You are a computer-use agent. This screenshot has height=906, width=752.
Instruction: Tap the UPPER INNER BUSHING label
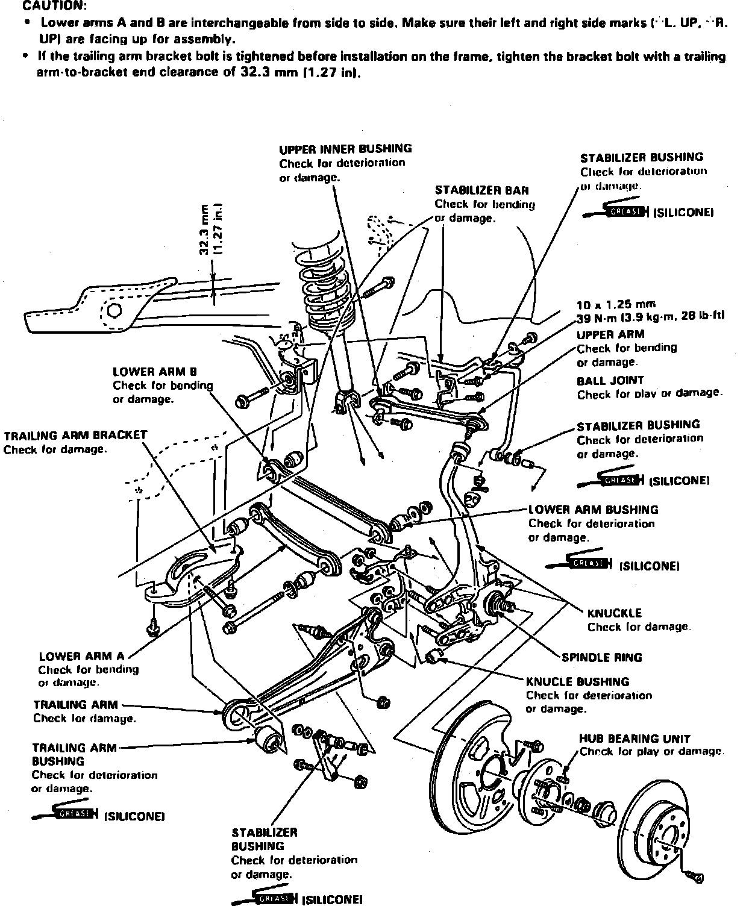(345, 148)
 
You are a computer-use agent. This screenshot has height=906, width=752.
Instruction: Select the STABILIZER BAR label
(481, 190)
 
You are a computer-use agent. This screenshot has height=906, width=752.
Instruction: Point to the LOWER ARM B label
(155, 372)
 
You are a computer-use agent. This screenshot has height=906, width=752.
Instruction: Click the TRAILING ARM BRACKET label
(75, 435)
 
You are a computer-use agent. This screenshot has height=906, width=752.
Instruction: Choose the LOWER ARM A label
(81, 656)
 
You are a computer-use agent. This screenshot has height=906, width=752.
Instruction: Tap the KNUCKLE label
(614, 613)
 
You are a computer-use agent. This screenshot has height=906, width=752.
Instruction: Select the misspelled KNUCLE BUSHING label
(577, 682)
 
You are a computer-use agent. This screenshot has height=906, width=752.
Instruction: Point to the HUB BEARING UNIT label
(634, 738)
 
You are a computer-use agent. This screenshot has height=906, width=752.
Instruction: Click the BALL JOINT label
(610, 380)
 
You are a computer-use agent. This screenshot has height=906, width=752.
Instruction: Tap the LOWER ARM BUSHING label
(593, 510)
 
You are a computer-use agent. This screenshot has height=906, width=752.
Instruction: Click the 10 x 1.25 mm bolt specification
(616, 304)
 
